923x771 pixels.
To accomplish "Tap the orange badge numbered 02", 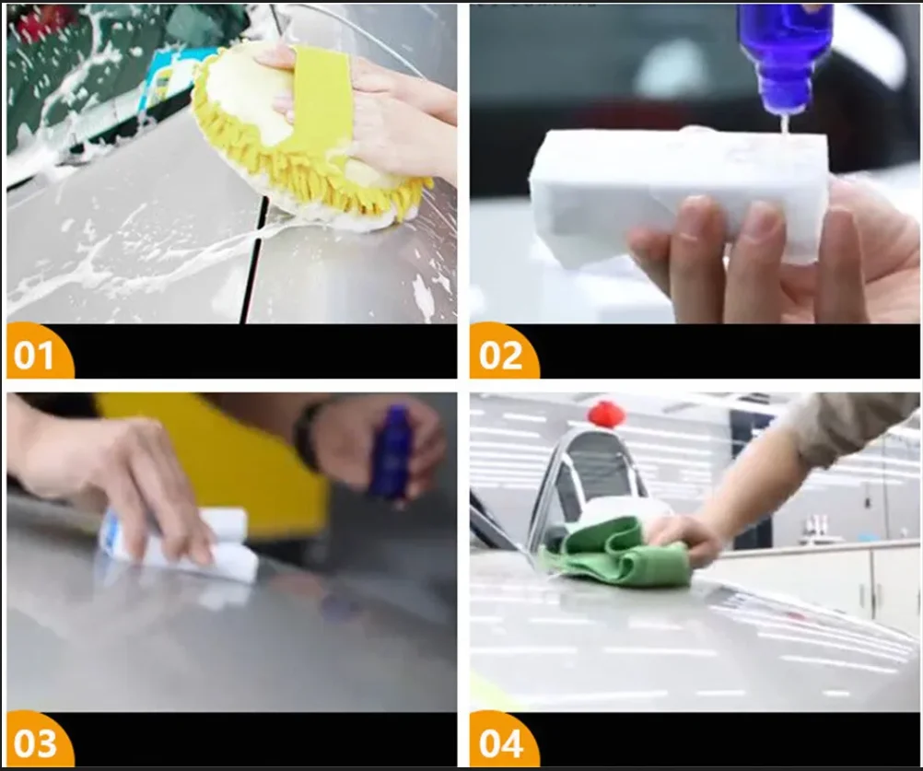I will [502, 355].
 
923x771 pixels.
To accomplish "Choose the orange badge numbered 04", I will [502, 742].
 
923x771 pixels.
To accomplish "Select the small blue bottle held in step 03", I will [391, 451].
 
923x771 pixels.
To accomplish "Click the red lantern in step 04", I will [606, 414].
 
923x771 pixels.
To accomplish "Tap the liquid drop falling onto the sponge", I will [783, 123].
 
